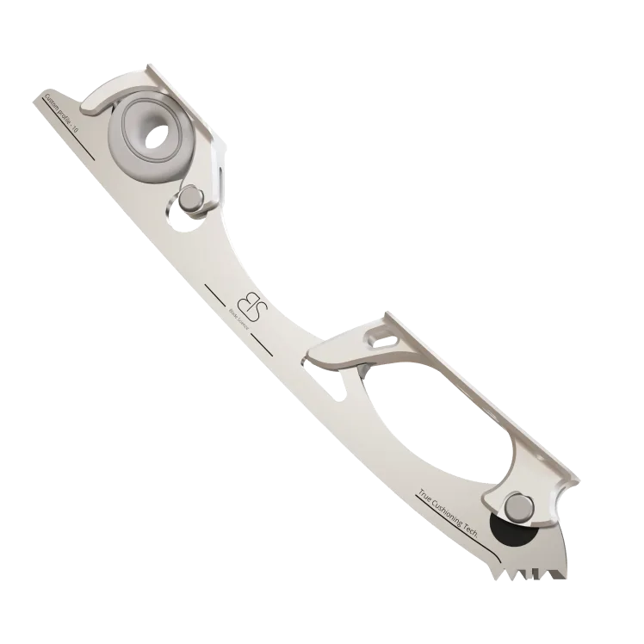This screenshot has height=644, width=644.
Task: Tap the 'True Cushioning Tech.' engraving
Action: coord(447,513)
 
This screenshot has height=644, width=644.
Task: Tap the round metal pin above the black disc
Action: coord(518,508)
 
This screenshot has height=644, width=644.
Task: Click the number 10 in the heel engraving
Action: coord(76,128)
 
